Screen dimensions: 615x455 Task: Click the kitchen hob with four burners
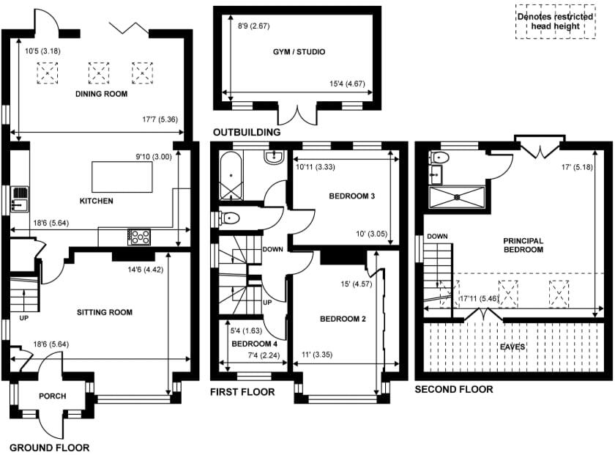[x=139, y=237]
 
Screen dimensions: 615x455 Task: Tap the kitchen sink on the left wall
[x=20, y=199]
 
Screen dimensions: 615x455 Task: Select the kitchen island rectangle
[x=122, y=177]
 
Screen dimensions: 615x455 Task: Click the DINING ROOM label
[x=101, y=94]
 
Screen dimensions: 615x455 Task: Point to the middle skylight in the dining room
[x=98, y=73]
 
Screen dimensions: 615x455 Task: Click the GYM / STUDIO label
[x=299, y=52]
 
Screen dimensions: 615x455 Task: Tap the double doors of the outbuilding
[x=298, y=114]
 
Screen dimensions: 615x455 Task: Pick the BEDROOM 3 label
[x=352, y=196]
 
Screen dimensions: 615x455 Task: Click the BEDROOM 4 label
[x=255, y=344]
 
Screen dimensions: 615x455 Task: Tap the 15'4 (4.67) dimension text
[x=347, y=84]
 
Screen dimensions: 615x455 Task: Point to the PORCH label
[x=53, y=396]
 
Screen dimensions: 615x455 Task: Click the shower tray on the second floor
[x=457, y=197]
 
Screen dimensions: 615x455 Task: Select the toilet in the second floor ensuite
[x=439, y=158]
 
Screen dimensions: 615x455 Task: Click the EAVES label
[x=512, y=347]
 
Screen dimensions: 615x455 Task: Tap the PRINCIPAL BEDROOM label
[x=523, y=245]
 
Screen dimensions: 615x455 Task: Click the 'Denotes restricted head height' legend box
[x=556, y=21]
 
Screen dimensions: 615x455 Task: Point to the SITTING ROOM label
[x=105, y=313]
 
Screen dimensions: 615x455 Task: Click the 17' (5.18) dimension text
[x=577, y=167]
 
